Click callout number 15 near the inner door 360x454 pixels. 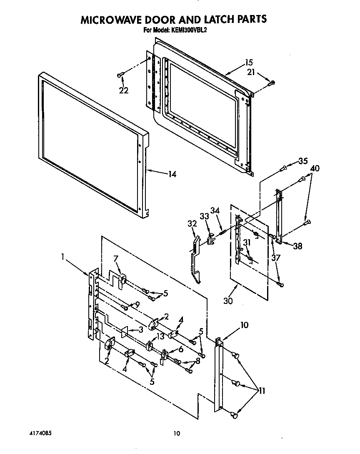coord(248,63)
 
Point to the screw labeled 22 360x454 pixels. coord(120,75)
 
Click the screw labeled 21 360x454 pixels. coord(272,82)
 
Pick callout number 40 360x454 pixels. coord(315,168)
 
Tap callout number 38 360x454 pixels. coord(297,246)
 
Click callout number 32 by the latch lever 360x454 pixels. coord(192,223)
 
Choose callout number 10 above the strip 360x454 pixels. coord(244,325)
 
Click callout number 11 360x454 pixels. coord(262,391)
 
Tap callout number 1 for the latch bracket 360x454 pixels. coord(63,257)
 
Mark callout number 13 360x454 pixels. coord(160,337)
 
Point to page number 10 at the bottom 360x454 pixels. coord(177,434)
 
